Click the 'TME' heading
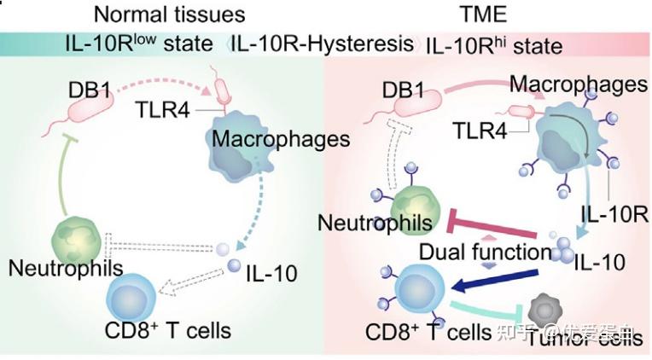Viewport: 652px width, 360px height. point(483,15)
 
